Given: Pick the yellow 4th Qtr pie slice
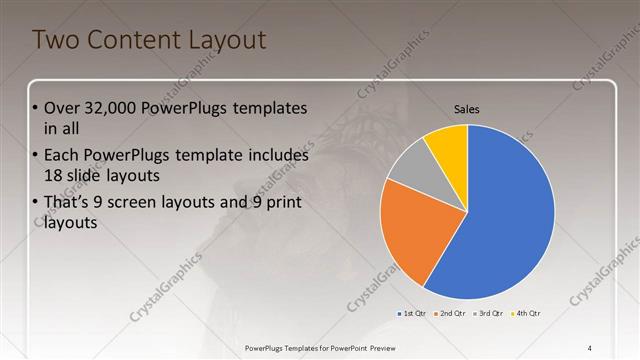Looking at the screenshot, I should point(447,147).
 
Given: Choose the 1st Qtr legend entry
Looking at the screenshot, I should point(413,313).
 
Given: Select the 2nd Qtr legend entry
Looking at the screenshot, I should point(452,313).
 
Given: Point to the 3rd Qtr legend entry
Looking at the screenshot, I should point(490,313).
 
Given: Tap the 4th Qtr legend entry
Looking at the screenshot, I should point(527,313).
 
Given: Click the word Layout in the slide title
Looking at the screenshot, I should point(227,41).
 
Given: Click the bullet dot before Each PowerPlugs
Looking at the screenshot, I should point(37,157).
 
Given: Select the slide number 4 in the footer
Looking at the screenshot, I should point(590,347).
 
